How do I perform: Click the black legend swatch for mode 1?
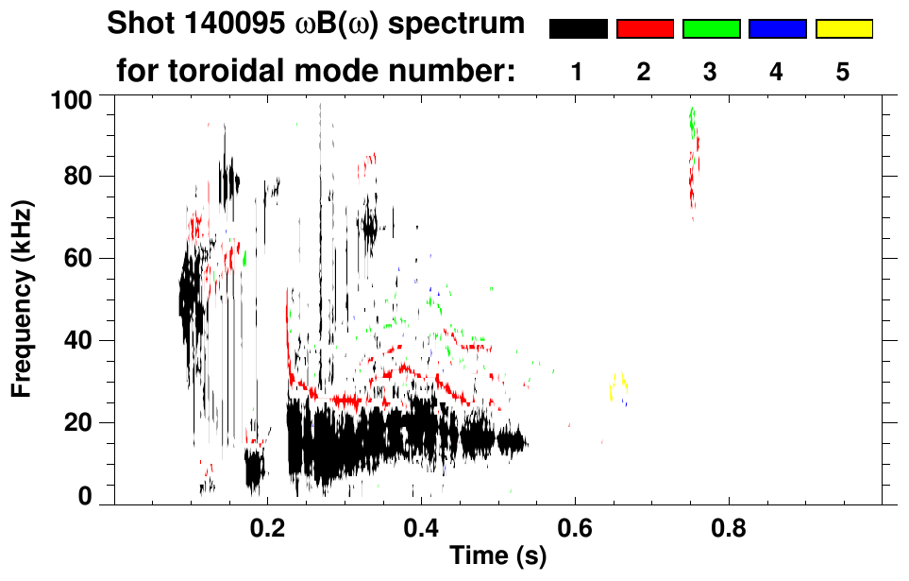tap(578, 29)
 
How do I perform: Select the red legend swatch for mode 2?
tap(645, 29)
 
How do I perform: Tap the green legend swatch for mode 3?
tap(711, 29)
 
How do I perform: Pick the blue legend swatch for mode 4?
tap(777, 29)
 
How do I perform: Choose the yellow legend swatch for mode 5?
tap(844, 29)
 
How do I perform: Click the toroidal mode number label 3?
tap(711, 72)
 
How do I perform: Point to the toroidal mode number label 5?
tap(843, 72)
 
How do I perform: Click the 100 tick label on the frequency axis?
tap(72, 98)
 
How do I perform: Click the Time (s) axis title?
tap(497, 557)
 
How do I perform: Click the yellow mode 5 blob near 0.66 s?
tap(619, 388)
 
